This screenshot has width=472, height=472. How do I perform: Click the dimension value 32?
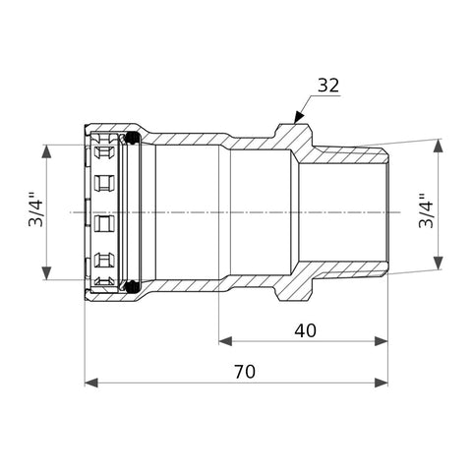click(328, 86)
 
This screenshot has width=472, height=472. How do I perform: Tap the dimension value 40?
click(305, 330)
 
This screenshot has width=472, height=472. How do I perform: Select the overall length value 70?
click(245, 372)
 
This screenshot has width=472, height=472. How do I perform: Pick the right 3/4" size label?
click(427, 211)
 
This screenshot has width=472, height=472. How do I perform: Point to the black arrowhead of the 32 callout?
click(298, 117)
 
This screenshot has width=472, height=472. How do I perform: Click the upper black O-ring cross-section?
click(133, 138)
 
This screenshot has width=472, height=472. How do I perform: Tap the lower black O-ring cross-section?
click(133, 286)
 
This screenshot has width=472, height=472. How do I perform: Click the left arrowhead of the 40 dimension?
click(225, 341)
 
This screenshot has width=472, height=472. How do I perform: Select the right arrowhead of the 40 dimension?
click(381, 341)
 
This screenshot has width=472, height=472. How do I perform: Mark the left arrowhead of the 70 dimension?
click(91, 383)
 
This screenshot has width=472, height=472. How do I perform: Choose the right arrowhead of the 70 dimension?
click(381, 383)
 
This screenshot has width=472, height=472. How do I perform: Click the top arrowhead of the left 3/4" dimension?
click(47, 151)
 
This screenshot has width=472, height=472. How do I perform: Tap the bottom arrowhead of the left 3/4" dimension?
click(47, 273)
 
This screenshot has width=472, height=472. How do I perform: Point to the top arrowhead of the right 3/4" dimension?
click(438, 146)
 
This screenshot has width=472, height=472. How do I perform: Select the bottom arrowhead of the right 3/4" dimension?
click(438, 263)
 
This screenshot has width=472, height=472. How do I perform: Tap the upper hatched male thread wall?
click(347, 154)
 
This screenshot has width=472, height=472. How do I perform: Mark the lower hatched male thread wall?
click(347, 270)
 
